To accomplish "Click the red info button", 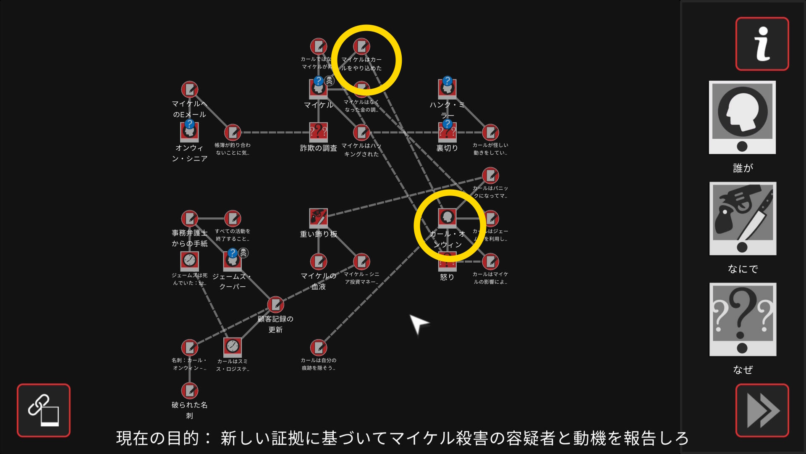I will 762,44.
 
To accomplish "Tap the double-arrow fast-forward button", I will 762,410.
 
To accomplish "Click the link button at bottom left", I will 44,410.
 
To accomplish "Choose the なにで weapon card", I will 743,218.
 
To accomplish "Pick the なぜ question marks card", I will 743,319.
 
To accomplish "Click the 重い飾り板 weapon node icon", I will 318,217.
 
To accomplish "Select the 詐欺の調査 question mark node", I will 318,132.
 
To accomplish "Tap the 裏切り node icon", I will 447,132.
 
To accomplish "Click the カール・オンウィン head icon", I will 447,217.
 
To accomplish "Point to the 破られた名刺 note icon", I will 189,391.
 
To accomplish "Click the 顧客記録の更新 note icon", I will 275,304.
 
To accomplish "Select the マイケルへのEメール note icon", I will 189,89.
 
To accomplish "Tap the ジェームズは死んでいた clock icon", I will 189,261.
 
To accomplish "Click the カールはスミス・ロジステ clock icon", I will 232,347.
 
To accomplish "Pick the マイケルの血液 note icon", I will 318,261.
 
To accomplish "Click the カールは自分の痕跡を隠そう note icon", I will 318,348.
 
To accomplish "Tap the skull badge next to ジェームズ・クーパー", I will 243,253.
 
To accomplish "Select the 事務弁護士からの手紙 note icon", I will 189,218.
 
